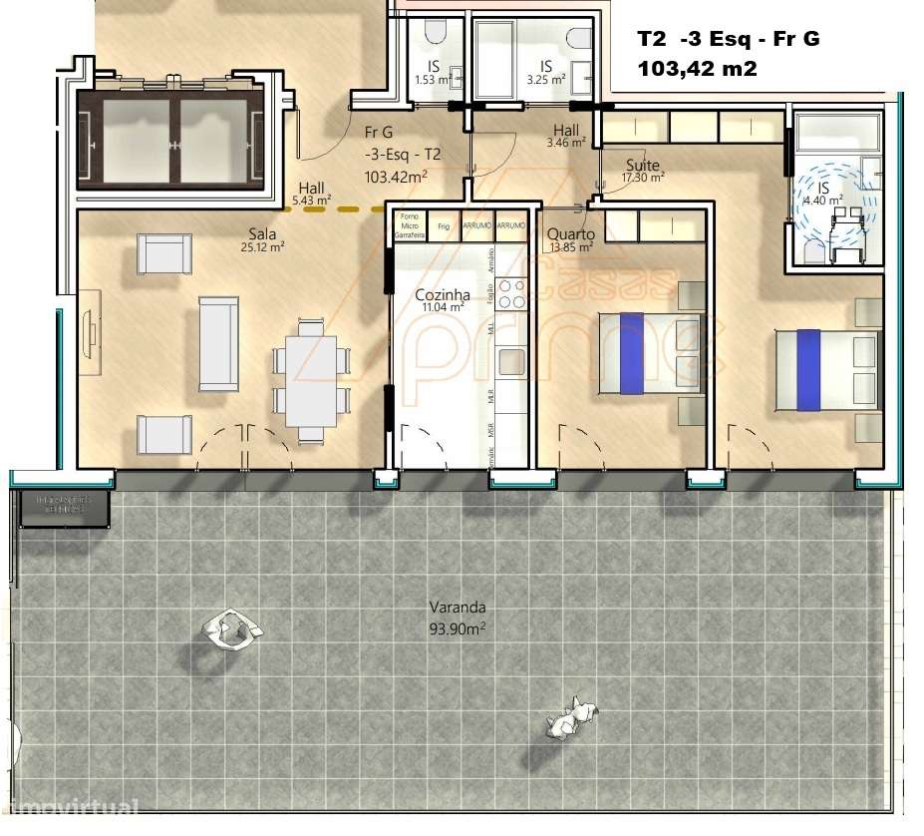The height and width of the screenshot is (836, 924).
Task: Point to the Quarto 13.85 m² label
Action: pyautogui.click(x=570, y=240)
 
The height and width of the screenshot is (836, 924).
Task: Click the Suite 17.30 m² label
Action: pyautogui.click(x=643, y=171)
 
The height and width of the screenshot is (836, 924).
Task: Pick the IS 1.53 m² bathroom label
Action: pyautogui.click(x=434, y=73)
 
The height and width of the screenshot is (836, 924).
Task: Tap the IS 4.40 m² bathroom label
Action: pyautogui.click(x=823, y=194)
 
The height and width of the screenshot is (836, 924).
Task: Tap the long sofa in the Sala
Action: pyautogui.click(x=218, y=342)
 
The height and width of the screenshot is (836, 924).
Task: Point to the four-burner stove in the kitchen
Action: pyautogui.click(x=511, y=294)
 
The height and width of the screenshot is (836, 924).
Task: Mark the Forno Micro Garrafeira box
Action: pyautogui.click(x=410, y=225)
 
